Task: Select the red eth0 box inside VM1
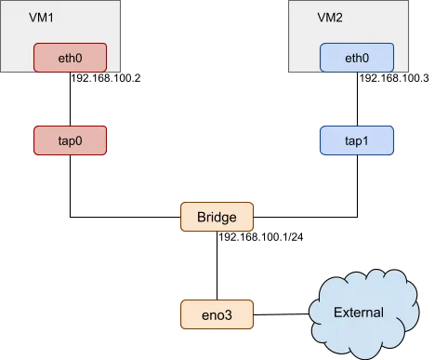70,58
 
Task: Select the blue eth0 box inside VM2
356,58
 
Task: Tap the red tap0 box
70,141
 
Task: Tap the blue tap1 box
356,141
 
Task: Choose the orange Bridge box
217,218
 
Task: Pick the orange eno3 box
217,313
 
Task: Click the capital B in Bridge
201,218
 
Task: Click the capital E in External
336,313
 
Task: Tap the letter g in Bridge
226,219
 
